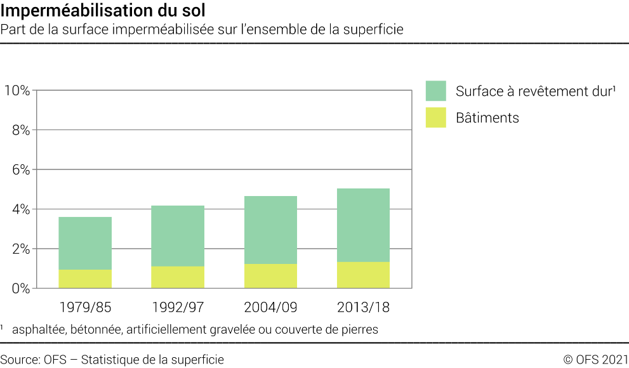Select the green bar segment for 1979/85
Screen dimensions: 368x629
pos(85,243)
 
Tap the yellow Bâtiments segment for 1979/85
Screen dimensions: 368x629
pos(85,279)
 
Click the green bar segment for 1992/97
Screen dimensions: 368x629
pos(178,235)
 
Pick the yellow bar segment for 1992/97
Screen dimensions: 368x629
pos(178,277)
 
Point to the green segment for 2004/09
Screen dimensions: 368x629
pos(270,230)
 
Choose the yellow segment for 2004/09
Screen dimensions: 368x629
pos(270,275)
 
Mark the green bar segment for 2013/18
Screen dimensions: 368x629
pos(363,225)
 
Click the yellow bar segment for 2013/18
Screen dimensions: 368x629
pos(363,275)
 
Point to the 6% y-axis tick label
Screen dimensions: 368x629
pos(20,169)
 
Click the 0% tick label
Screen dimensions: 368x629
pos(20,288)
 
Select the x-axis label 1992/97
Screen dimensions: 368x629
pos(178,308)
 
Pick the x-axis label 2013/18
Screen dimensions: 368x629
pos(363,308)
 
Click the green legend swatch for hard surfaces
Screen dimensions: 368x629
pos(436,91)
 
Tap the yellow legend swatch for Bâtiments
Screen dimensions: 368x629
pos(436,117)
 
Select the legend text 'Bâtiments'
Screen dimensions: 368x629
pos(487,117)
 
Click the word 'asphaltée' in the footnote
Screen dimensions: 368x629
pos(38,330)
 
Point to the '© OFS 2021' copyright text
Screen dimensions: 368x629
pos(595,360)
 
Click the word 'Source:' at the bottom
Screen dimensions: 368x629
pos(20,360)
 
